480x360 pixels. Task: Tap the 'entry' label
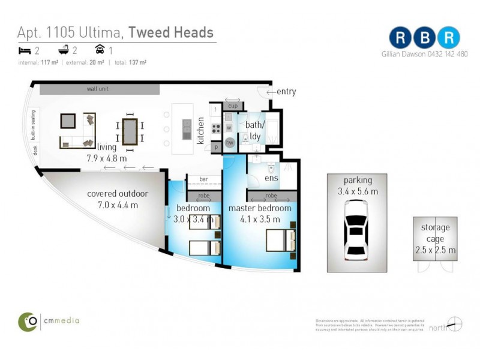point(286,92)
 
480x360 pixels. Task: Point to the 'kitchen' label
point(201,130)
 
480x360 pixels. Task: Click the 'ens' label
point(271,178)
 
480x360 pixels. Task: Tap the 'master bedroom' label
point(260,208)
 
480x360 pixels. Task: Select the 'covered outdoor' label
point(117,194)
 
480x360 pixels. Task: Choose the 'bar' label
point(204,179)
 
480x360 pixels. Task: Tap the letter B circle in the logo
point(425,37)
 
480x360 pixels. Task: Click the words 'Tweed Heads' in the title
point(171,32)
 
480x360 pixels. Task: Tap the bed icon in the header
point(25,50)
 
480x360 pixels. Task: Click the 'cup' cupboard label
point(233,106)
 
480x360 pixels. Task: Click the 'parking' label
point(358,180)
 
